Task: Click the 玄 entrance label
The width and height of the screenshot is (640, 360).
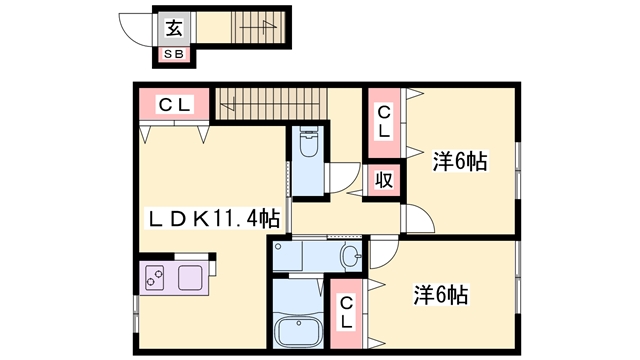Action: point(173,28)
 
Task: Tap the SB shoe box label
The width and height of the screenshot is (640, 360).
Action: point(173,54)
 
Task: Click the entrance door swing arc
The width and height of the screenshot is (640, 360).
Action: point(136,30)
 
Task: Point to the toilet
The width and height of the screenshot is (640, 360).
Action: point(308,148)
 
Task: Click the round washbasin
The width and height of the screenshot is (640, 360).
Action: point(349,256)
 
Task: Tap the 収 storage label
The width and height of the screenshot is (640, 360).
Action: point(383,180)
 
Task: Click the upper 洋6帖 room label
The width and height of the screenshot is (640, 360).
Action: point(460,160)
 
